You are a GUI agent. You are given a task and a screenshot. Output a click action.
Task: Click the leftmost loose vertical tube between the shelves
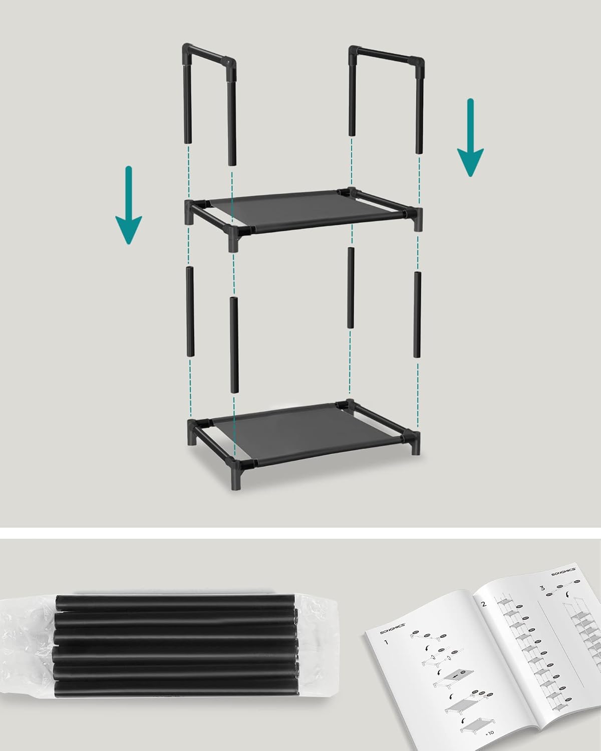point(190,311)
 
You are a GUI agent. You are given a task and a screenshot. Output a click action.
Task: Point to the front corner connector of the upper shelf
point(234,235)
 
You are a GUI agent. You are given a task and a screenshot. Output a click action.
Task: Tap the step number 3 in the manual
point(542,588)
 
